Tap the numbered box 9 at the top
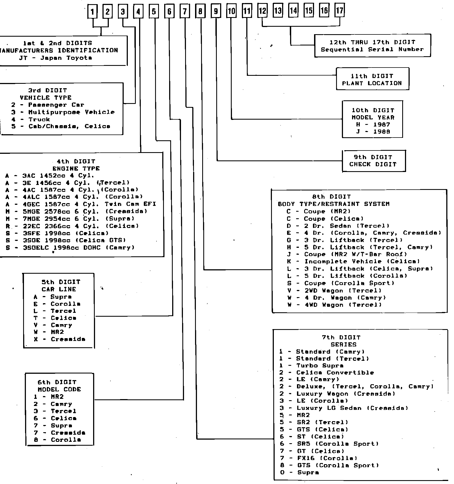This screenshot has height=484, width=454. [216, 12]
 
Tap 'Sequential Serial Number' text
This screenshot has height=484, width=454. [372, 50]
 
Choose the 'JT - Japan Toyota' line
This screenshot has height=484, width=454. [56, 58]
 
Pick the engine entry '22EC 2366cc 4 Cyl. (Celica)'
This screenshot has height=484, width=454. [72, 226]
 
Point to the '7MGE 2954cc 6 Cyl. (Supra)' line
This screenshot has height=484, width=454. [70, 219]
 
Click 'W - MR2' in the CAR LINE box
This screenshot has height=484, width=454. [49, 332]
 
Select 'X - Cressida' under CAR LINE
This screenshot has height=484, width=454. [60, 339]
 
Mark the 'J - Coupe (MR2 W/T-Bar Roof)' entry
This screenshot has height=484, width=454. [347, 254]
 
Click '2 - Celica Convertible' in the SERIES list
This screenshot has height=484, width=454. [327, 373]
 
